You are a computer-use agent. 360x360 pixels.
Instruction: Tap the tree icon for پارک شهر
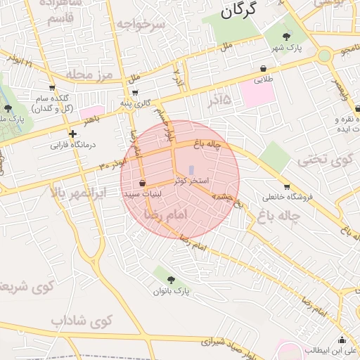pyautogui.click(x=286, y=37)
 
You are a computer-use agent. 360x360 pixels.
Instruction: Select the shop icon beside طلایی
pyautogui.click(x=264, y=69)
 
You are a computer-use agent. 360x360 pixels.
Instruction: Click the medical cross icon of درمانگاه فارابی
pyautogui.click(x=72, y=134)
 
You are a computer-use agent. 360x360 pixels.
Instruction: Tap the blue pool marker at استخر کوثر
pyautogui.click(x=191, y=169)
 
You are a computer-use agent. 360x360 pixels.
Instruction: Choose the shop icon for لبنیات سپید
pyautogui.click(x=143, y=183)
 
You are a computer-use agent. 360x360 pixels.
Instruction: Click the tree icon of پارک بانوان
pyautogui.click(x=172, y=280)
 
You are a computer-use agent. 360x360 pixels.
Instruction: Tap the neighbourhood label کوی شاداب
pyautogui.click(x=82, y=321)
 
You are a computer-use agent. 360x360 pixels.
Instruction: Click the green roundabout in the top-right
pyautogui.click(x=324, y=56)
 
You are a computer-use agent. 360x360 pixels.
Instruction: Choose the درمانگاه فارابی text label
pyautogui.click(x=72, y=147)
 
